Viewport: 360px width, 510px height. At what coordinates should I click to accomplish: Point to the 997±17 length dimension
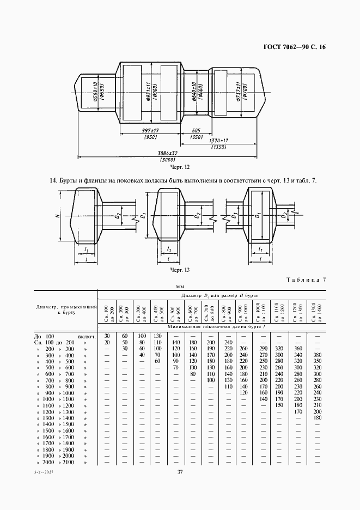click(x=150, y=131)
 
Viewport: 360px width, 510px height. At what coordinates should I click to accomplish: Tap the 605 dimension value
click(x=196, y=131)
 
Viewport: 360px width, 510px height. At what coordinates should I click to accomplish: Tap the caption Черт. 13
click(x=179, y=270)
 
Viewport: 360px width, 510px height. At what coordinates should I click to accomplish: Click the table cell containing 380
click(x=318, y=355)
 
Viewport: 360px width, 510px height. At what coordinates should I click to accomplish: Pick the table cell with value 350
click(x=318, y=361)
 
